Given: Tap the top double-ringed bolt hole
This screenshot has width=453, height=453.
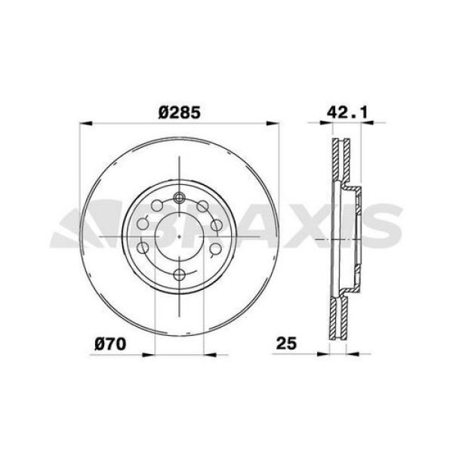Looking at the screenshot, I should click(x=179, y=198).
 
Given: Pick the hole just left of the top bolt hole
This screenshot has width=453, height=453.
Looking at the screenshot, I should click(x=156, y=206).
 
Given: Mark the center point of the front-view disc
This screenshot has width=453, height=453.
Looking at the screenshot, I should click(x=179, y=236).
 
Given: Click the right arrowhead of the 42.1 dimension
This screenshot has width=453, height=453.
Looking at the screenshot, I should click(x=368, y=124).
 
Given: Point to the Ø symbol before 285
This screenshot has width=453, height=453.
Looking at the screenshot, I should click(x=164, y=112).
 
